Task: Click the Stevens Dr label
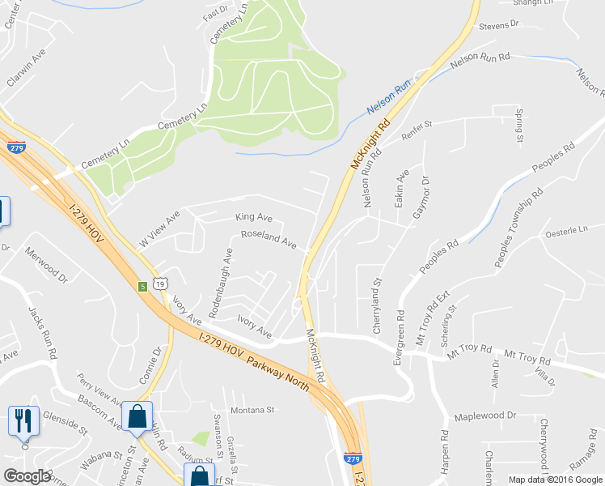[498, 26]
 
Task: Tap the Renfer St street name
[417, 126]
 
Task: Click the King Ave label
[254, 217]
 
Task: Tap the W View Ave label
[158, 231]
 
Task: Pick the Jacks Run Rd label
[42, 332]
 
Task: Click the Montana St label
[253, 410]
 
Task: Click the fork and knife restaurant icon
[23, 420]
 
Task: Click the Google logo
[27, 476]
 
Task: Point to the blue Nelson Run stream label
[390, 98]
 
